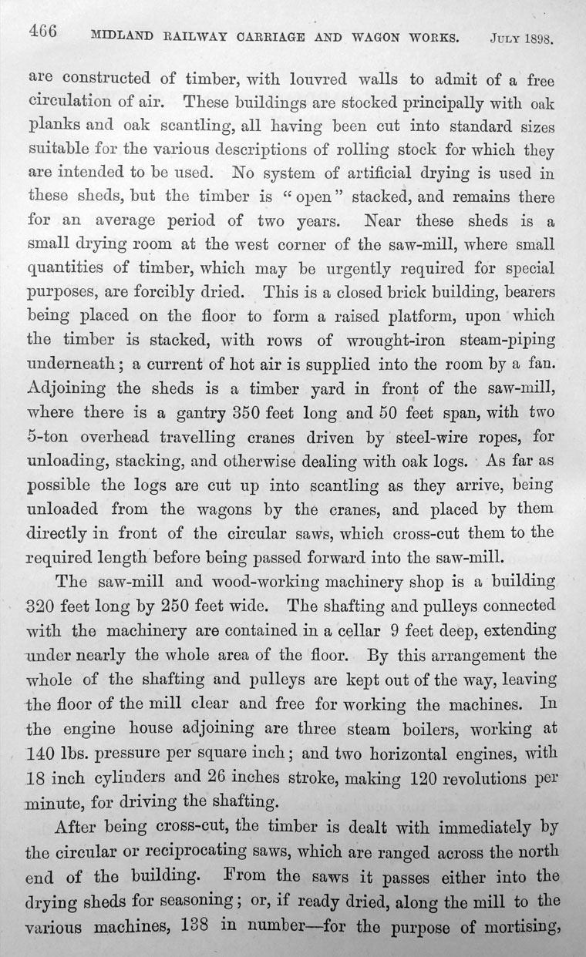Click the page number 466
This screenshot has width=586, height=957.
click(45, 32)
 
